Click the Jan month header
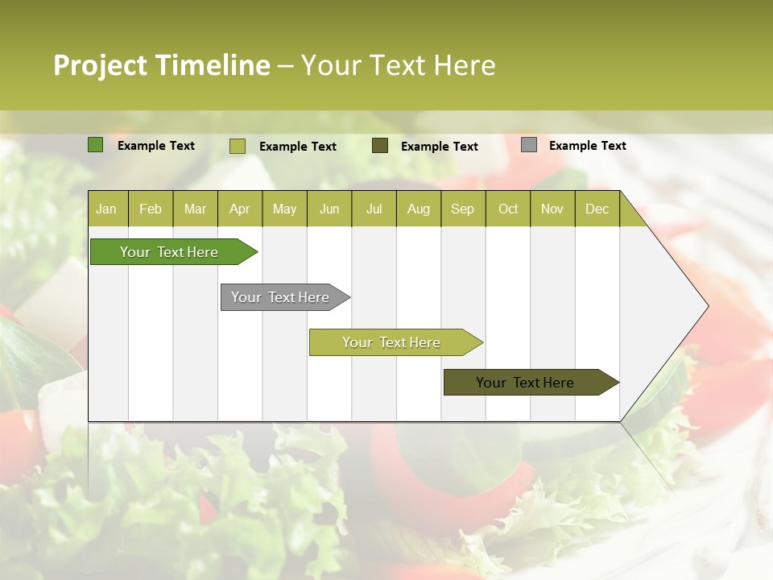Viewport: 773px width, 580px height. tap(106, 209)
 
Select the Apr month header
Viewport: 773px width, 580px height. tap(239, 209)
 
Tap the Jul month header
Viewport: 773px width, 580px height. tap(374, 209)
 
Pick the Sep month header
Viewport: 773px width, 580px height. tap(462, 209)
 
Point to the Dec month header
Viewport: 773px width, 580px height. tap(597, 209)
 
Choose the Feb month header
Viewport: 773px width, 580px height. tap(151, 209)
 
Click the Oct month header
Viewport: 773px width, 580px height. tap(508, 209)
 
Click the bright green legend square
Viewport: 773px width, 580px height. tap(95, 145)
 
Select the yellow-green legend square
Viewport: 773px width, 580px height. tap(237, 146)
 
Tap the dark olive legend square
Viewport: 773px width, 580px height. tap(380, 146)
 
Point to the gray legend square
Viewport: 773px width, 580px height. tap(529, 145)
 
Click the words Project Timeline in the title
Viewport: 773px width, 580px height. tap(161, 65)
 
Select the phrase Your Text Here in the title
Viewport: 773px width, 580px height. tap(398, 65)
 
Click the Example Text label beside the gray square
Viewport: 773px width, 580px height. tap(587, 146)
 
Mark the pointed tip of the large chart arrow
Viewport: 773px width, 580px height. tap(706, 305)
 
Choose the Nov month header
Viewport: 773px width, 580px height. tap(552, 209)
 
